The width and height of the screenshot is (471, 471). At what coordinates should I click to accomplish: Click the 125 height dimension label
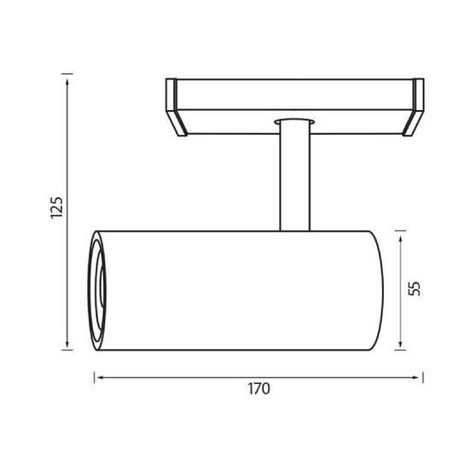pyautogui.click(x=57, y=207)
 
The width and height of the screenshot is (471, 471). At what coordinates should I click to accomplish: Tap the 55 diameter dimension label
pyautogui.click(x=414, y=288)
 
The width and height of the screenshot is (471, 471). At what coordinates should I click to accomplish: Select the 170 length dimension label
pyautogui.click(x=259, y=389)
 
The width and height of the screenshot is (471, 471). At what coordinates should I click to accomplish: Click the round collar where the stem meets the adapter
pyautogui.click(x=294, y=122)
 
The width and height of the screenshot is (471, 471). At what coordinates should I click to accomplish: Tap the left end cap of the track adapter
pyautogui.click(x=176, y=108)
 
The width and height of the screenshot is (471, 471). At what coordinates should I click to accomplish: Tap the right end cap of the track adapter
pyautogui.click(x=414, y=108)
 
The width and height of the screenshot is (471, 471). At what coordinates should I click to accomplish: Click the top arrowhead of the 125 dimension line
pyautogui.click(x=67, y=84)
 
